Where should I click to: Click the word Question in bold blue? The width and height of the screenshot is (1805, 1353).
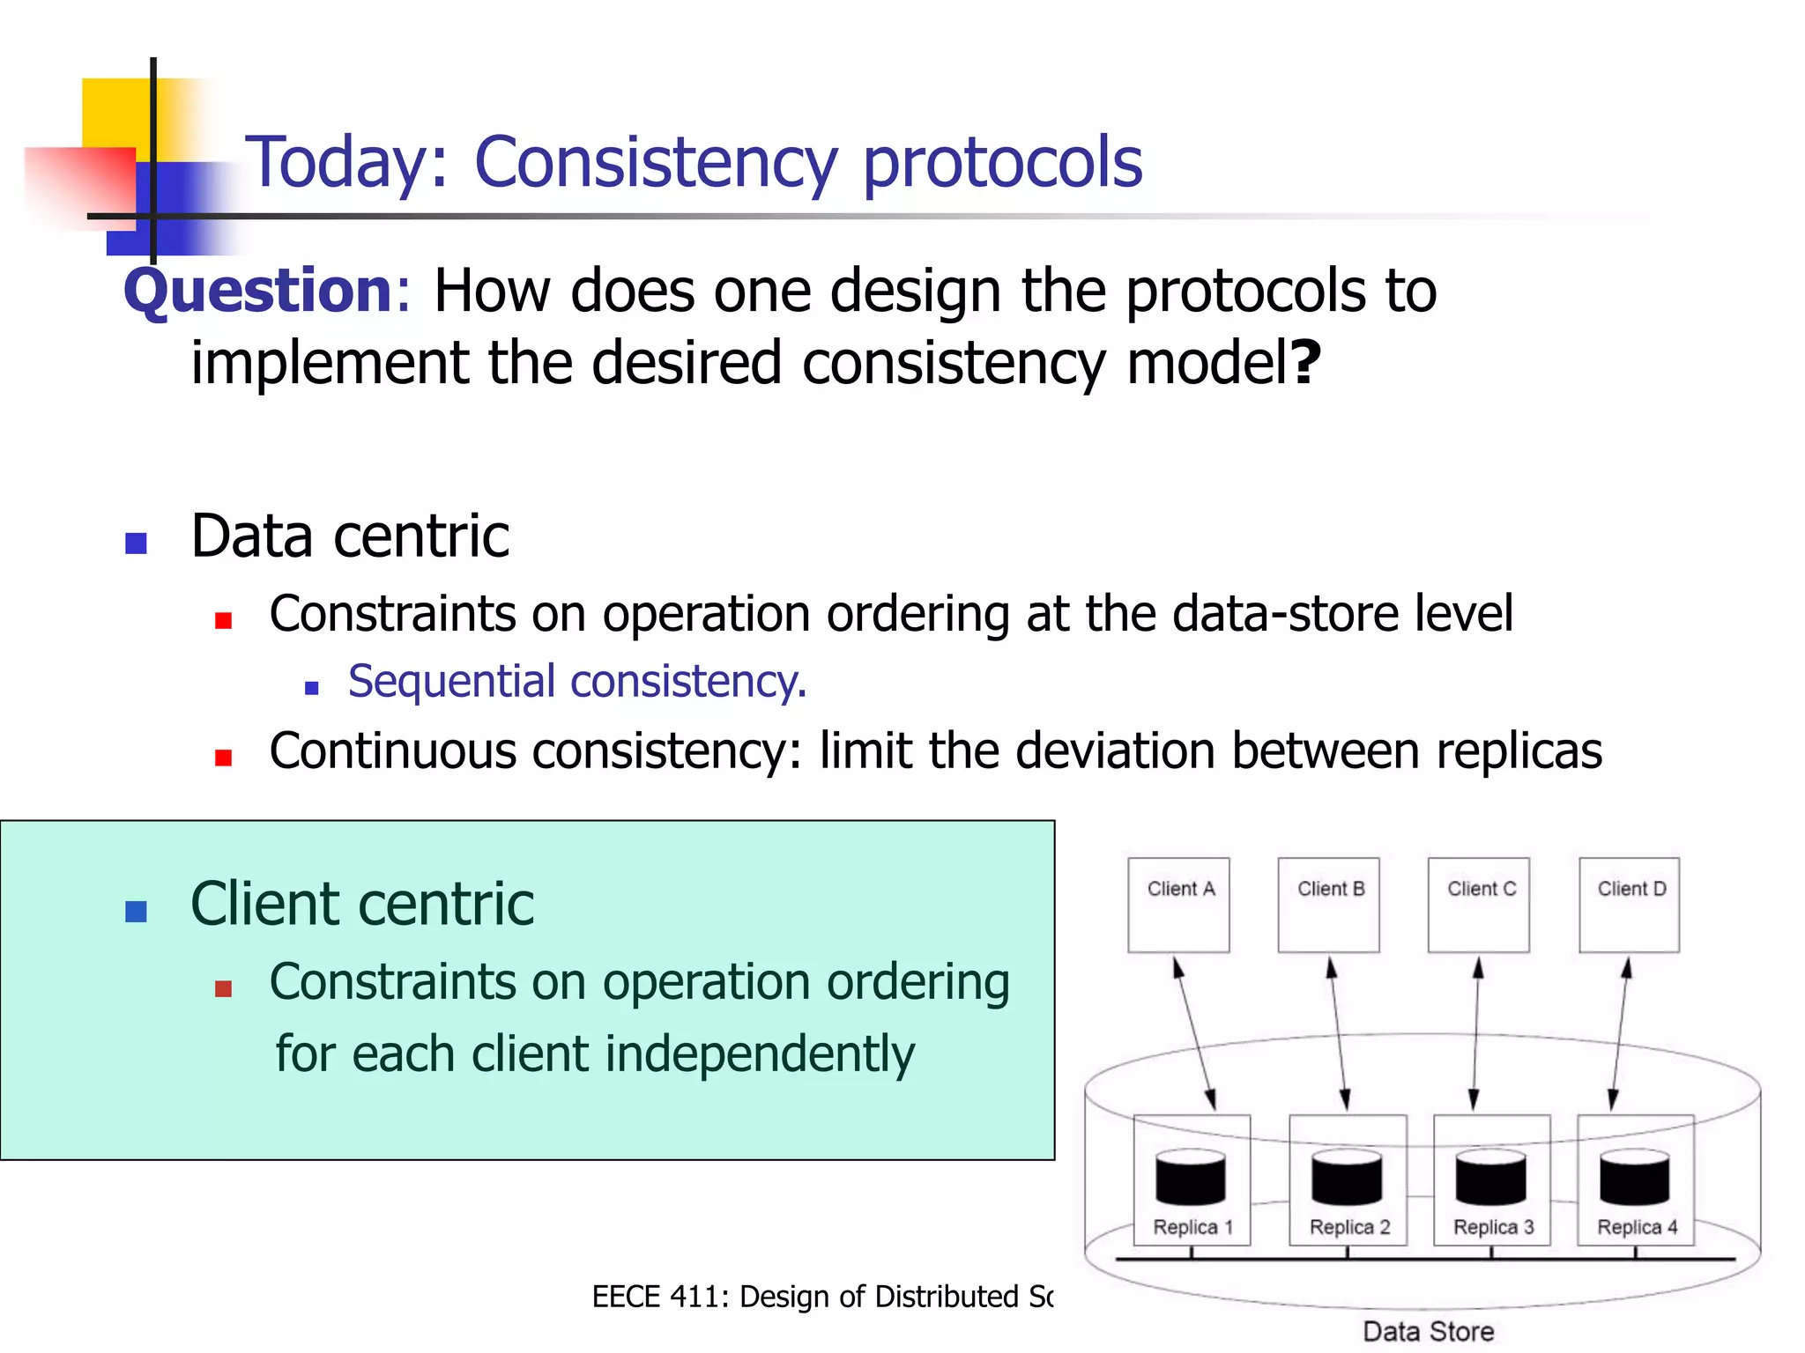click(258, 291)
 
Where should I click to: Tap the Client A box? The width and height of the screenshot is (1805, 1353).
click(1178, 905)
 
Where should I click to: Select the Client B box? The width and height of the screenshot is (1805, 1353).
click(1328, 905)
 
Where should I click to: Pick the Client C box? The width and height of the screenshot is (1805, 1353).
click(1478, 905)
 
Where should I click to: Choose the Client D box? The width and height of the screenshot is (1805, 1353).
click(1629, 905)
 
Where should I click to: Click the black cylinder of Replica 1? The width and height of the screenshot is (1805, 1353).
click(1190, 1178)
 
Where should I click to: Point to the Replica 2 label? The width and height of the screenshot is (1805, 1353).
click(1348, 1227)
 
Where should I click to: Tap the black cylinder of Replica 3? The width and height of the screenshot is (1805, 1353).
click(1490, 1178)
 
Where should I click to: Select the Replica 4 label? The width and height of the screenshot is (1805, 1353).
click(1637, 1227)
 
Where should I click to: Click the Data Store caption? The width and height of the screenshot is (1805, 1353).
click(1428, 1331)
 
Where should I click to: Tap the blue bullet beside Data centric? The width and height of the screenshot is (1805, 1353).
click(136, 543)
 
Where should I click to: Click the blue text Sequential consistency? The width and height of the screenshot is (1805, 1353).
click(577, 682)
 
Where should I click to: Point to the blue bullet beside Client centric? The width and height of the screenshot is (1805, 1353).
click(136, 911)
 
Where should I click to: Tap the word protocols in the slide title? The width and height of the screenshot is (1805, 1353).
click(1002, 163)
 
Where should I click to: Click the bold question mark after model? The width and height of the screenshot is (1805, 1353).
click(1305, 362)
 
